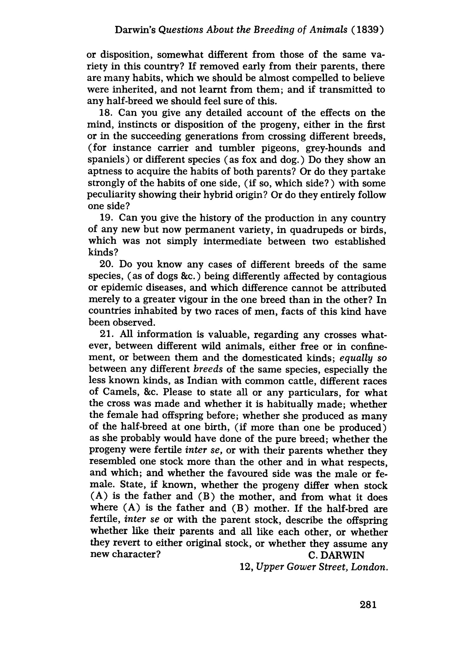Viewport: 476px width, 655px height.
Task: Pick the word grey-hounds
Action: click(332, 148)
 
